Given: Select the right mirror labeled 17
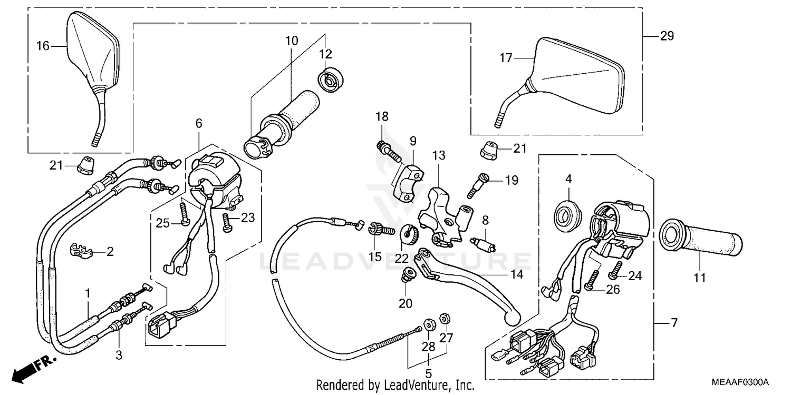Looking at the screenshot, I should click(575, 76).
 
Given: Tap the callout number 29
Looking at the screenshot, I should click(667, 36).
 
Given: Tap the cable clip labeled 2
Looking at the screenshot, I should click(81, 250).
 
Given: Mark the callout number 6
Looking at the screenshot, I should click(198, 124).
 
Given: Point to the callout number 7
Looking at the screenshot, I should click(673, 322).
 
